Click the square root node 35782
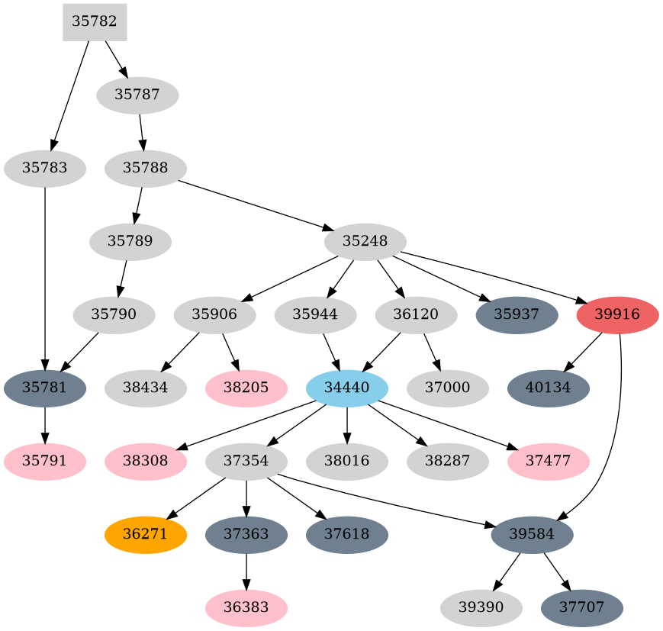pos(95,21)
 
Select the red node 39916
pos(617,314)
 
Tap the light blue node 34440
pos(347,388)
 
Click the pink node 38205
pos(246,388)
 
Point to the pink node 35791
pos(44,461)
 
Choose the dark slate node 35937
pos(517,314)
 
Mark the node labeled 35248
pos(365,241)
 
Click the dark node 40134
pos(549,388)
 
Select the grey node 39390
pos(481,607)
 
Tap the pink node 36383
pos(246,607)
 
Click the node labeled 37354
pos(246,461)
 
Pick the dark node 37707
pos(582,607)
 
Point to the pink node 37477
pos(549,461)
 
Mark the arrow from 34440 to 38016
pos(347,424)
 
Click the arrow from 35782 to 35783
pos(70,92)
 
